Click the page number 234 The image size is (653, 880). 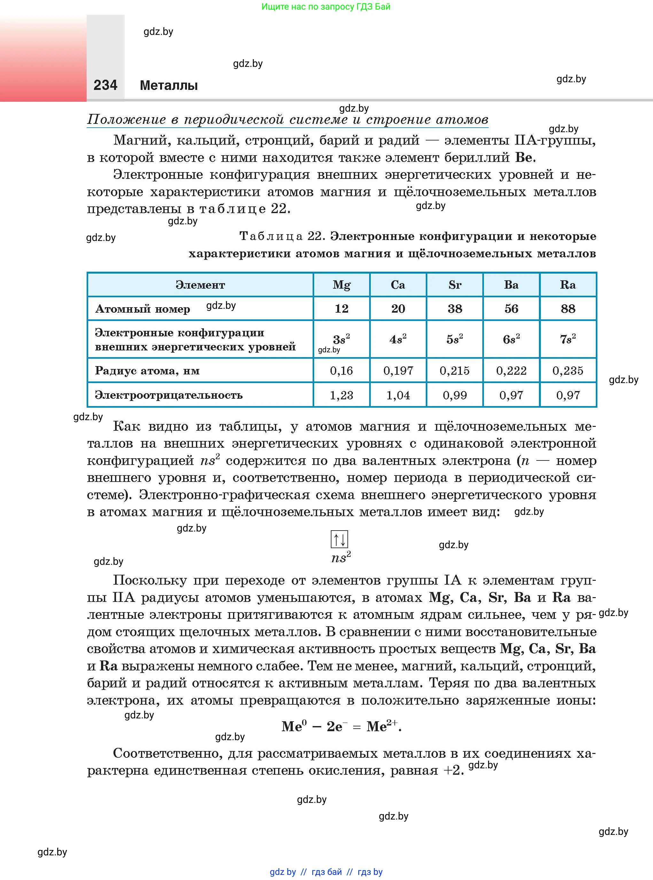105,85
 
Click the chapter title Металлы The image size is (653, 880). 169,85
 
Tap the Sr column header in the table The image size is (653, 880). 455,285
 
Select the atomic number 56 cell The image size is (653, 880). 511,308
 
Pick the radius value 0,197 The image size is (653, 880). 398,371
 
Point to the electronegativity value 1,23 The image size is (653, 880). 341,395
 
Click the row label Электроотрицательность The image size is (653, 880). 169,395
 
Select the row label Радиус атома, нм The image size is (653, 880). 147,371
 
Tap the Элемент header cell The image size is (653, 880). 200,285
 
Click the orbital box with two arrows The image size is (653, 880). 339,539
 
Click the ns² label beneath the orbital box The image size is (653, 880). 341,557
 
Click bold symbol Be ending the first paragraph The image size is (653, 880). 525,157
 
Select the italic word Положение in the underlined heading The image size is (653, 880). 127,119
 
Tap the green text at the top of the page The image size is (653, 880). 326,6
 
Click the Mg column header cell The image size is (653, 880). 341,285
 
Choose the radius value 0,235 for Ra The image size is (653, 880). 568,371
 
